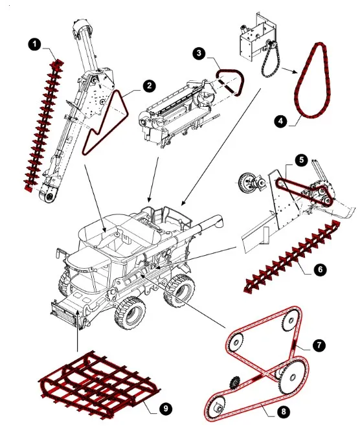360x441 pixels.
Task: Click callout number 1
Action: (34, 45)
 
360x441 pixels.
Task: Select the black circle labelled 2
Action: (149, 85)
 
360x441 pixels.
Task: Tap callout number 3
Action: (199, 53)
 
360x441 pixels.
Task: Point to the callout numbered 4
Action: (281, 121)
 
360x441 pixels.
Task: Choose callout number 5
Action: (302, 160)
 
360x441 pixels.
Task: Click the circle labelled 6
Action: (320, 269)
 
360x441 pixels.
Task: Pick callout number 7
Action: (319, 345)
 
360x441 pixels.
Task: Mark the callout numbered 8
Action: (283, 411)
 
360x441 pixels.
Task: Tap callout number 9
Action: (166, 409)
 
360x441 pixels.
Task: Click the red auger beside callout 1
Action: (43, 124)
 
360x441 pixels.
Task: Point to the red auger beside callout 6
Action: (293, 256)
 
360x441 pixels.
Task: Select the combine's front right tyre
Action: (130, 312)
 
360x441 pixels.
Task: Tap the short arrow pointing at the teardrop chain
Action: (289, 71)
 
